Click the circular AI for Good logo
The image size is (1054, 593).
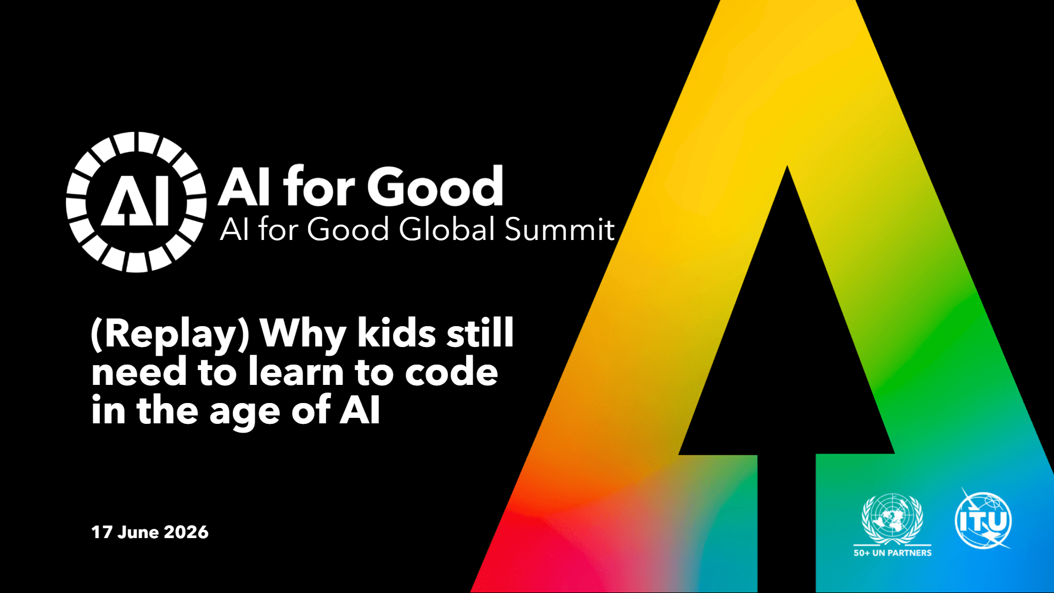coord(136,202)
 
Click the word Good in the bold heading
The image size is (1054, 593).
coord(435,187)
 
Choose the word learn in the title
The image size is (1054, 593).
coord(296,372)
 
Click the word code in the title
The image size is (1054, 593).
coord(451,372)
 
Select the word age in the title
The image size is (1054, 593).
coord(245,413)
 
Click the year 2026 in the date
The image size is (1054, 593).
coord(186,532)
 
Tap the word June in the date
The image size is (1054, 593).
coord(138,532)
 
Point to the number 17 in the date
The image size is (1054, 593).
coord(102,532)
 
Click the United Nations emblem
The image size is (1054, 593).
coord(893,519)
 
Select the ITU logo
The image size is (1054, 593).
coord(983,519)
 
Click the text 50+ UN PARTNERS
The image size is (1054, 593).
coord(893,553)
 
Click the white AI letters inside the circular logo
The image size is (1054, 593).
coord(135,202)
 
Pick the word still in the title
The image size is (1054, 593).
coord(480,333)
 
